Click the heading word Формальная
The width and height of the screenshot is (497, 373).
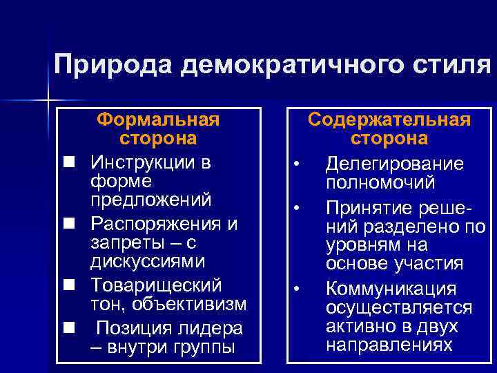coord(158,119)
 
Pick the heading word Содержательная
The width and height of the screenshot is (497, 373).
coord(389,119)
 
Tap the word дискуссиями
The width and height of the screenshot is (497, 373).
coord(147,262)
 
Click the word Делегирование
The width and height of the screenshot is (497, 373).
coord(395,164)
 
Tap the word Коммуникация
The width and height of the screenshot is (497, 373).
coord(391,289)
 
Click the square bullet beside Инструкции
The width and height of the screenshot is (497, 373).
coord(69,162)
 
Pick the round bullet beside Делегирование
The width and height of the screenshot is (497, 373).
coord(295,164)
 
